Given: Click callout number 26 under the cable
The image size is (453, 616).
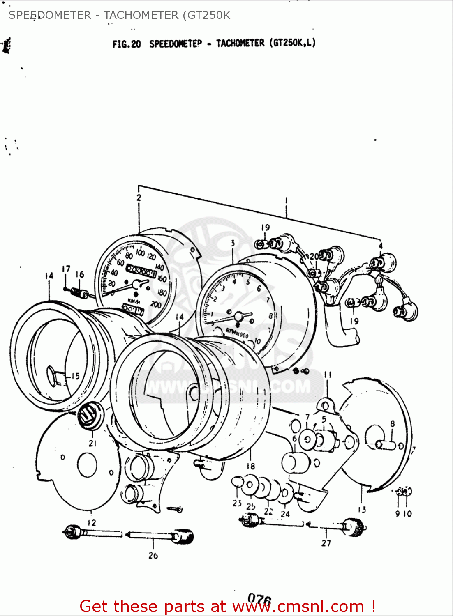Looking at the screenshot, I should coord(153,555).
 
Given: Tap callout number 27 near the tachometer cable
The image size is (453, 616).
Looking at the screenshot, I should coord(326,543).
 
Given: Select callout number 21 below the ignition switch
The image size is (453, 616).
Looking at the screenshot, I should coord(92,443).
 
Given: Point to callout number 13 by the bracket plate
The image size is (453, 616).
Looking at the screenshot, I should coord(362,509).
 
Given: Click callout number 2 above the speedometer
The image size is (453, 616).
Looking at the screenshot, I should coord(139,198).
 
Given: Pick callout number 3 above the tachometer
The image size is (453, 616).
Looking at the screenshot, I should coord(233,243).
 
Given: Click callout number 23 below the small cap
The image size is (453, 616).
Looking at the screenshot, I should coord(237,503).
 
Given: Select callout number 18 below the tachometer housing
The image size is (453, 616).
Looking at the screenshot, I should coord(251,466).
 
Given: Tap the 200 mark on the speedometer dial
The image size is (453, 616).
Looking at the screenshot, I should coord(156,304).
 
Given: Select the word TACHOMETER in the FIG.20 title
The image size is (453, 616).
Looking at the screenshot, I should coord(240,43).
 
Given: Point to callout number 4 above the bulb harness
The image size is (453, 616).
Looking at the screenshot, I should coord(380,246).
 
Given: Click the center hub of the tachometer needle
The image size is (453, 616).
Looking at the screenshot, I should coord(238,316).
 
